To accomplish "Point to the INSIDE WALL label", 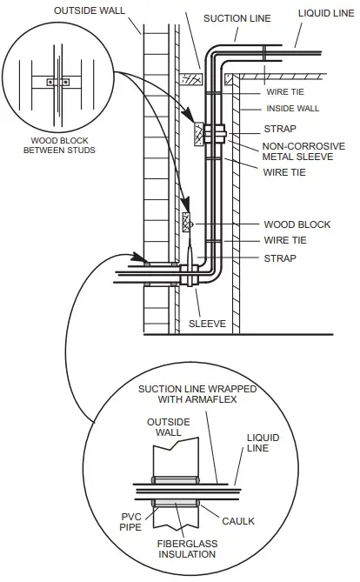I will pos(292,109).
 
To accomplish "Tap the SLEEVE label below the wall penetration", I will pos(207,324).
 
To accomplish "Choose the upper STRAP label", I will pos(280,129).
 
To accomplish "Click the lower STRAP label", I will pos(280,258).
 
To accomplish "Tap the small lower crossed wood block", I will pos(186,222).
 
